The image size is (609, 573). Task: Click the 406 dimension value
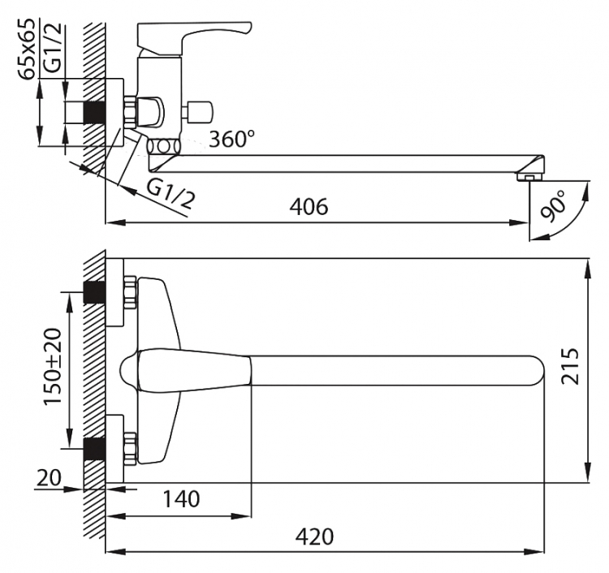(309, 206)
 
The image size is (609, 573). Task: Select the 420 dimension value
(314, 537)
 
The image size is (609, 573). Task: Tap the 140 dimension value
(180, 499)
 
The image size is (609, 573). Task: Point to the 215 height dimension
(570, 367)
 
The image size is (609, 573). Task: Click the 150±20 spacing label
(52, 367)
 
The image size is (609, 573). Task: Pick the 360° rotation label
(232, 139)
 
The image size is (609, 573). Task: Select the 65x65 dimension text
(27, 49)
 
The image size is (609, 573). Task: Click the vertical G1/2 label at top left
(51, 48)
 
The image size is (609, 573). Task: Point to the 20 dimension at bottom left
(49, 478)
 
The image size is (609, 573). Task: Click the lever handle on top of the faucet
(194, 37)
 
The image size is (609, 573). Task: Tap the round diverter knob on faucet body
(199, 110)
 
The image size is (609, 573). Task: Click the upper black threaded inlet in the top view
(94, 293)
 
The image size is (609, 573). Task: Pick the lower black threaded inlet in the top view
(94, 449)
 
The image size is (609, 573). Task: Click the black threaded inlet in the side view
(94, 113)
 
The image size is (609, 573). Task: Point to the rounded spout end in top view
(538, 371)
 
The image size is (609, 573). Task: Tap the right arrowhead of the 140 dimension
(241, 516)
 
